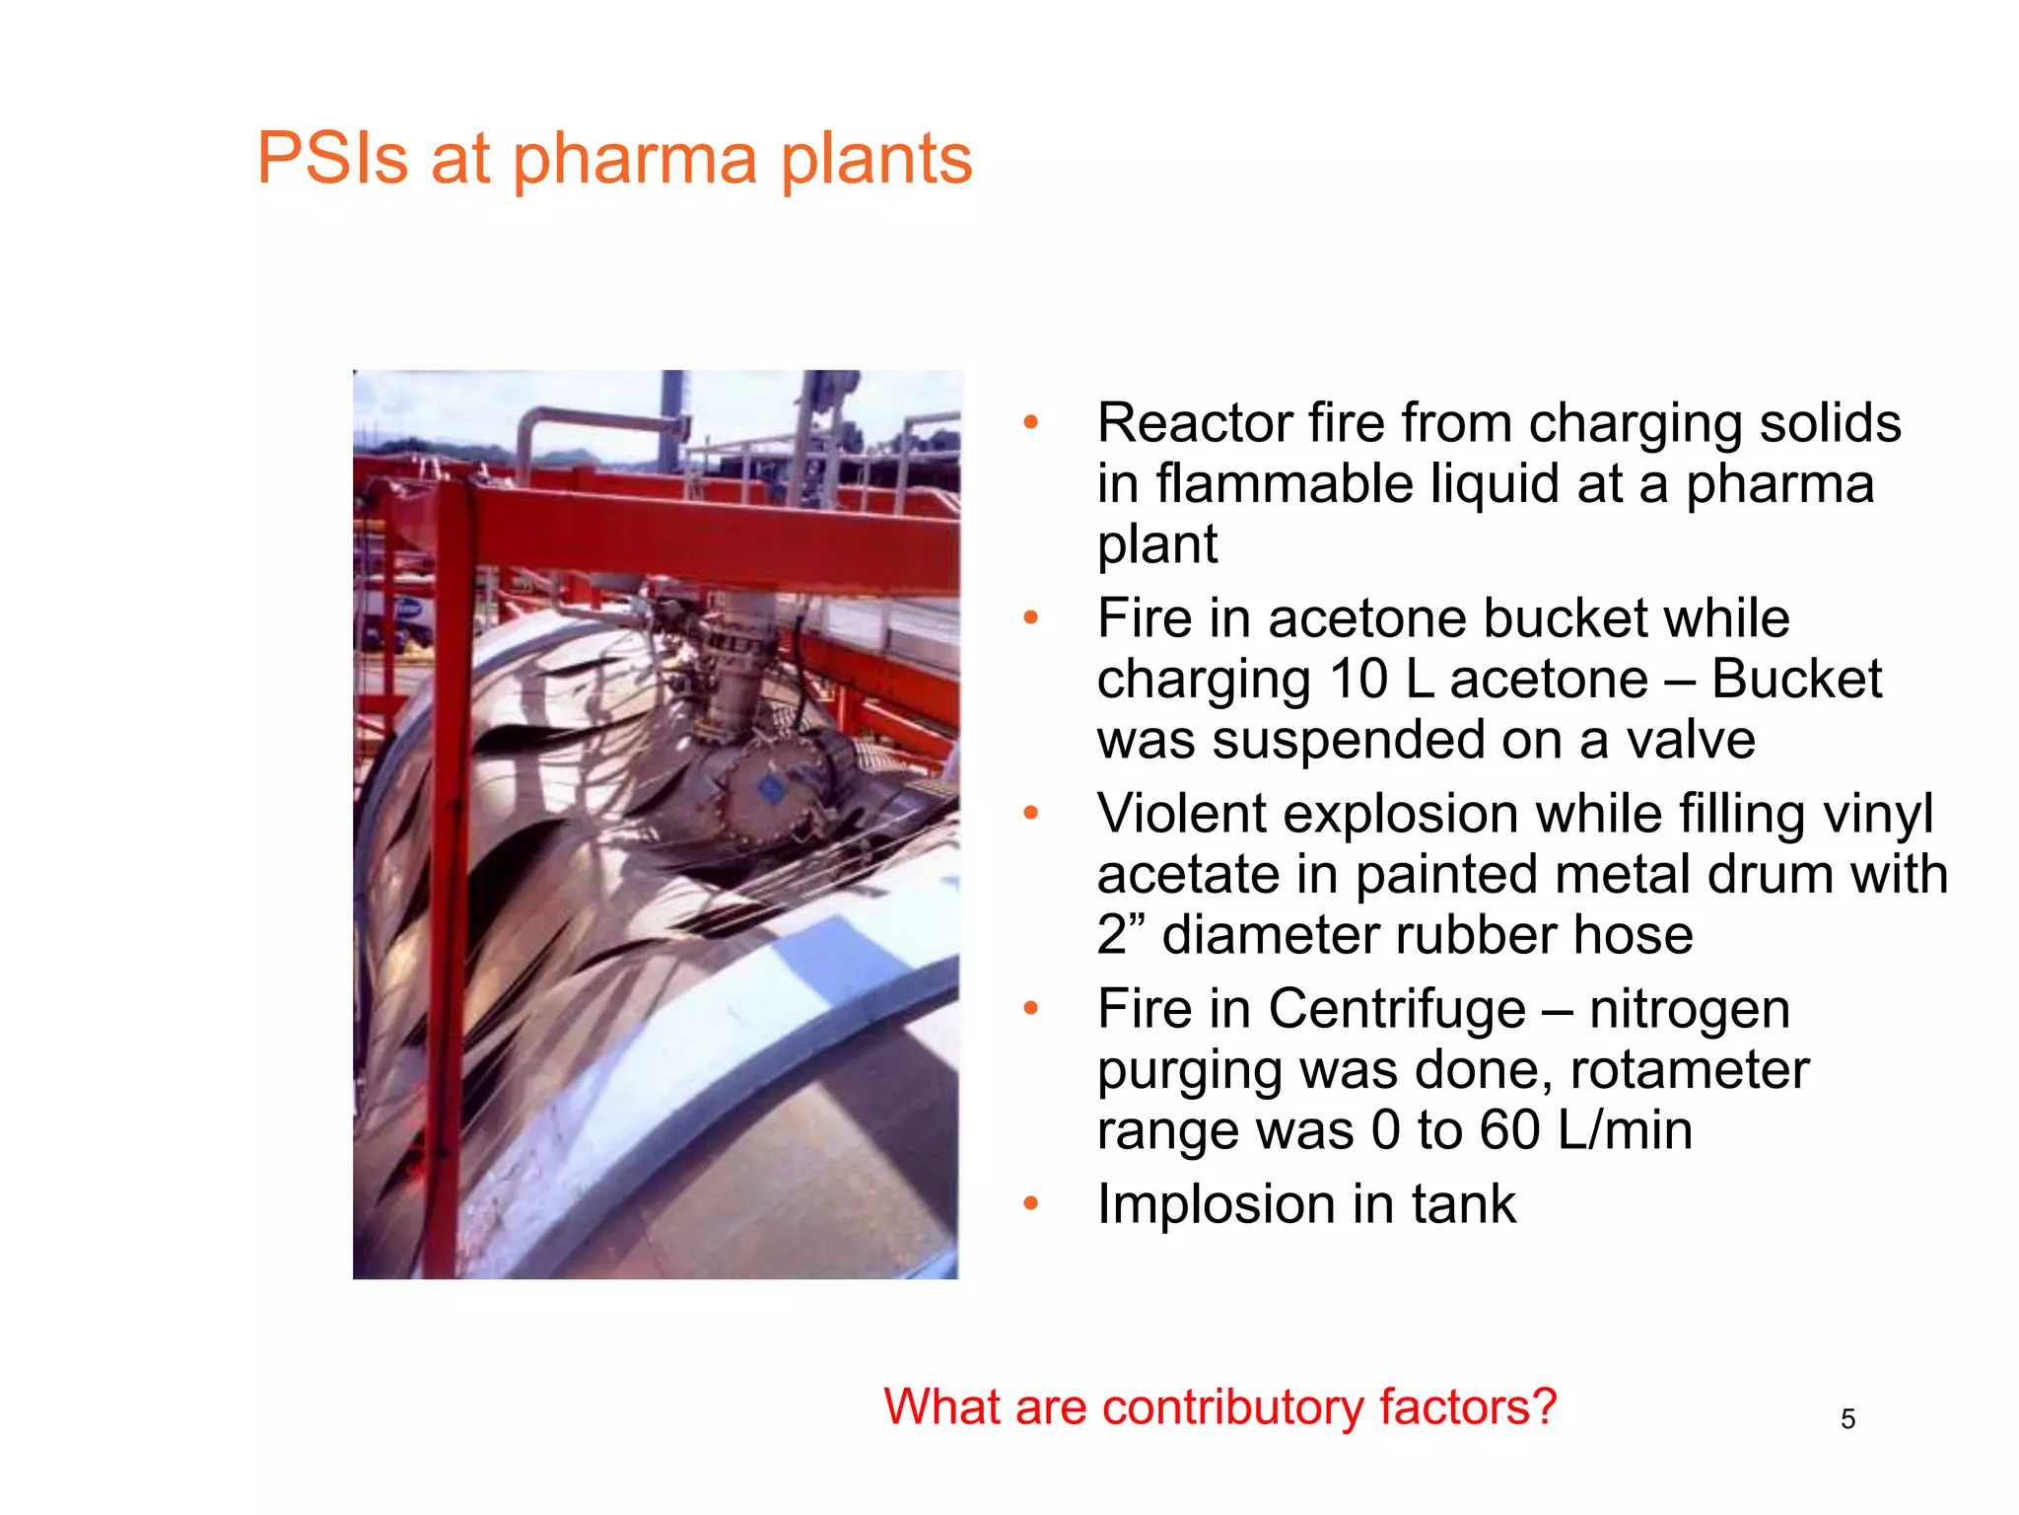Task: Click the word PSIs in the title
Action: [332, 158]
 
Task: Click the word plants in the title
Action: [875, 160]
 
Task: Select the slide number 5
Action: [1847, 1419]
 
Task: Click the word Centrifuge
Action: [1397, 1009]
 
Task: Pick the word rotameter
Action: [1690, 1070]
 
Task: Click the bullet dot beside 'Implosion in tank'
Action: [1031, 1203]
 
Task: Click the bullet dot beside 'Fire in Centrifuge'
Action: [1031, 1008]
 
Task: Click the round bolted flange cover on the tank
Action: [772, 789]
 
